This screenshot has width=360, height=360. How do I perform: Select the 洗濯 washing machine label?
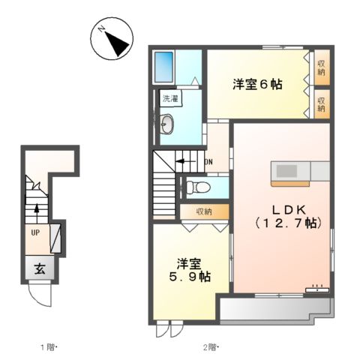click(x=169, y=98)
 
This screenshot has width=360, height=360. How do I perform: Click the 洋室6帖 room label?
click(x=256, y=85)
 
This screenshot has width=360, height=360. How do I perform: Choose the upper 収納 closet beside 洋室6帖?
click(x=320, y=67)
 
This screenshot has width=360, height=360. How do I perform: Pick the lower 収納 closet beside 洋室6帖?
click(x=320, y=103)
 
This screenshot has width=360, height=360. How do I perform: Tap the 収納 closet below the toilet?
click(x=204, y=211)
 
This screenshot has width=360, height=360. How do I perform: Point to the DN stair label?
click(x=208, y=160)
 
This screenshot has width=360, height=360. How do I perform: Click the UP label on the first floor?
click(x=34, y=233)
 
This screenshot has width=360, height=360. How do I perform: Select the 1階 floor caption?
click(x=48, y=347)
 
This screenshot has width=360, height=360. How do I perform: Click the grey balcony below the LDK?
click(x=276, y=307)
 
